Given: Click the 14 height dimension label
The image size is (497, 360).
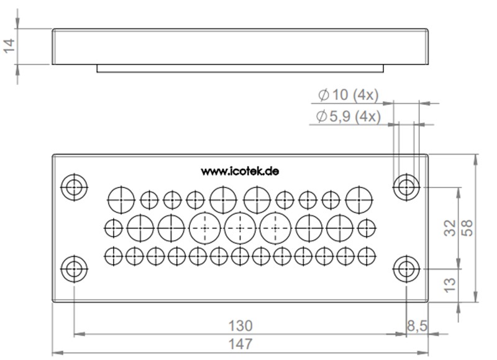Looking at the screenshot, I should pos(9,46).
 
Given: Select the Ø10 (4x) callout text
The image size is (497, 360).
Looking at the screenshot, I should pos(347,96).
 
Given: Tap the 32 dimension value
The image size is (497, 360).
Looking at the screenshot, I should pos(452,227).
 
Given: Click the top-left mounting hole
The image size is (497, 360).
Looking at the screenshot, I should pos(74,186).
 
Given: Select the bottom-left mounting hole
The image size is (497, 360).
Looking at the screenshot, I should pos(74,269).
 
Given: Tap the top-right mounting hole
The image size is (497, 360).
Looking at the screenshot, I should pos(406,186).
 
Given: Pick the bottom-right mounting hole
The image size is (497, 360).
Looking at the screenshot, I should pos(406,269).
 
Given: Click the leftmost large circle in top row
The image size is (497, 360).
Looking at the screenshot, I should pos(121,199).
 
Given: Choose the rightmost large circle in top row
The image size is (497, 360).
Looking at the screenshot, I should pos(358,199).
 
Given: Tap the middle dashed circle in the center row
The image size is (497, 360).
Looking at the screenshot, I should pos(239,227).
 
